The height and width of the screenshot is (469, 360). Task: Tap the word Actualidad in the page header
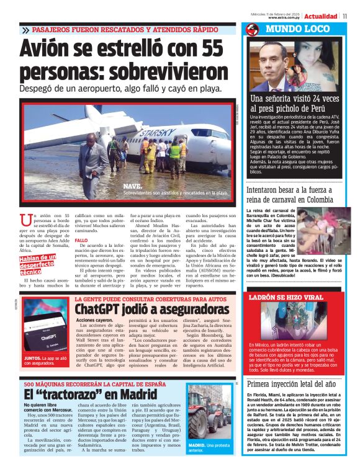point(321,16)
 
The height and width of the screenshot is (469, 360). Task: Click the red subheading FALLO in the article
point(81,240)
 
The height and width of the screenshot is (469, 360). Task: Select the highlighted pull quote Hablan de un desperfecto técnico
point(39,265)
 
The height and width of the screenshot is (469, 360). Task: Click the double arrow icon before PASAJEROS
point(25,30)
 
